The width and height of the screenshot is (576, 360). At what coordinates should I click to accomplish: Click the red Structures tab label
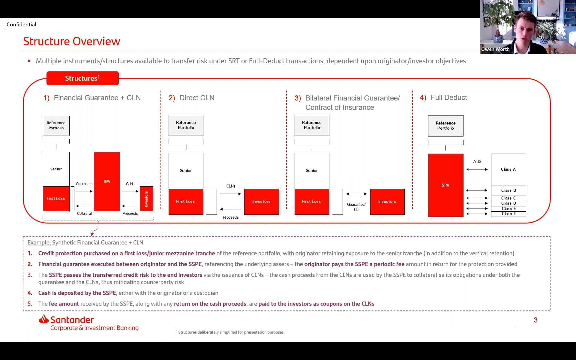point(82,78)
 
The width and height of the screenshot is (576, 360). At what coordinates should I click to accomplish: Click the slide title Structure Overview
point(72,41)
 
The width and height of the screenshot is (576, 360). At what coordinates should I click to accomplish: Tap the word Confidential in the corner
point(21,25)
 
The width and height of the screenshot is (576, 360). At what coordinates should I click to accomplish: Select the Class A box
point(508,169)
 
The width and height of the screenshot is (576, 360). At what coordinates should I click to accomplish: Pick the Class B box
point(508,190)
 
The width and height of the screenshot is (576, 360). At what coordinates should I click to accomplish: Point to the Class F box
point(508,214)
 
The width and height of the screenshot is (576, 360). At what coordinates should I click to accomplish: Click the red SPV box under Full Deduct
point(445,185)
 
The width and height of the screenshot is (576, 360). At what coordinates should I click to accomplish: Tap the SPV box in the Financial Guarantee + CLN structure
point(107,181)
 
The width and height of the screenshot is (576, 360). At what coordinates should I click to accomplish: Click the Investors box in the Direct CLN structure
point(261,202)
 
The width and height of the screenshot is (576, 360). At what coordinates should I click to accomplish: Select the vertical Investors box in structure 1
point(146,199)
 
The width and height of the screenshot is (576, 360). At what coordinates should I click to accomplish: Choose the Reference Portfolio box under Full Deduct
point(445,126)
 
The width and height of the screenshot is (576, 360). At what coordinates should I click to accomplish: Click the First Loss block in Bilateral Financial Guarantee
point(311,202)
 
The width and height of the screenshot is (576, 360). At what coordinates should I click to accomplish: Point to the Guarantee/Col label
point(356,207)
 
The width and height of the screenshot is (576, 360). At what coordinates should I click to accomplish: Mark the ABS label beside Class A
point(477,161)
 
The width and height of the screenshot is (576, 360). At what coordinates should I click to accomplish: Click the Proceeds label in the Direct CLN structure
point(231,217)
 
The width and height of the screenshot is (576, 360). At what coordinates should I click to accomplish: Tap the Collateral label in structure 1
point(84,214)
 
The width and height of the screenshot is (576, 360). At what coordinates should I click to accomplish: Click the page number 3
point(535,320)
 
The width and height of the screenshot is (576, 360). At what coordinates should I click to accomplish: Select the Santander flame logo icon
point(44,319)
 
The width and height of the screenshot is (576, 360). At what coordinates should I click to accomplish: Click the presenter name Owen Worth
point(495,49)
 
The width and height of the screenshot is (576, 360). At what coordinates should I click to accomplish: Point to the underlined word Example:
point(39,243)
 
